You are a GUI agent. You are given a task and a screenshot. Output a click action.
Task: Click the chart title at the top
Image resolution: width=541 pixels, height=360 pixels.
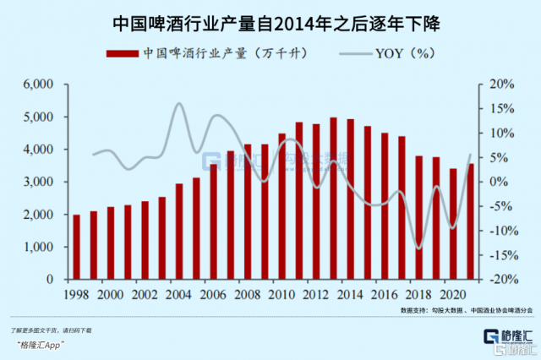point(270,18)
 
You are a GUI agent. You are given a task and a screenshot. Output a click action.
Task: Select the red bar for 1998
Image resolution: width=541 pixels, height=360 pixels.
point(77,247)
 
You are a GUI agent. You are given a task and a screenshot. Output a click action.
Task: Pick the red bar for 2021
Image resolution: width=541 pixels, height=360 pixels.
point(470,221)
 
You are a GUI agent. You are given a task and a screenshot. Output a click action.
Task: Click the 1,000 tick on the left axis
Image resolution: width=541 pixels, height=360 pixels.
point(40,247)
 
